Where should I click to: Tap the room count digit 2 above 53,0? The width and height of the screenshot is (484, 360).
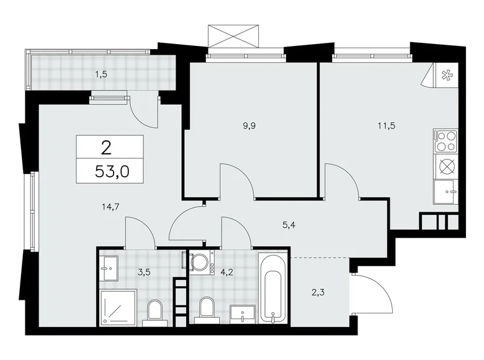[107, 147]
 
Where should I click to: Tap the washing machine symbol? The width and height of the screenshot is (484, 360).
[202, 261]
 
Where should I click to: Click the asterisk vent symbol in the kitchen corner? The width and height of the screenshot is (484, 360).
[446, 76]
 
